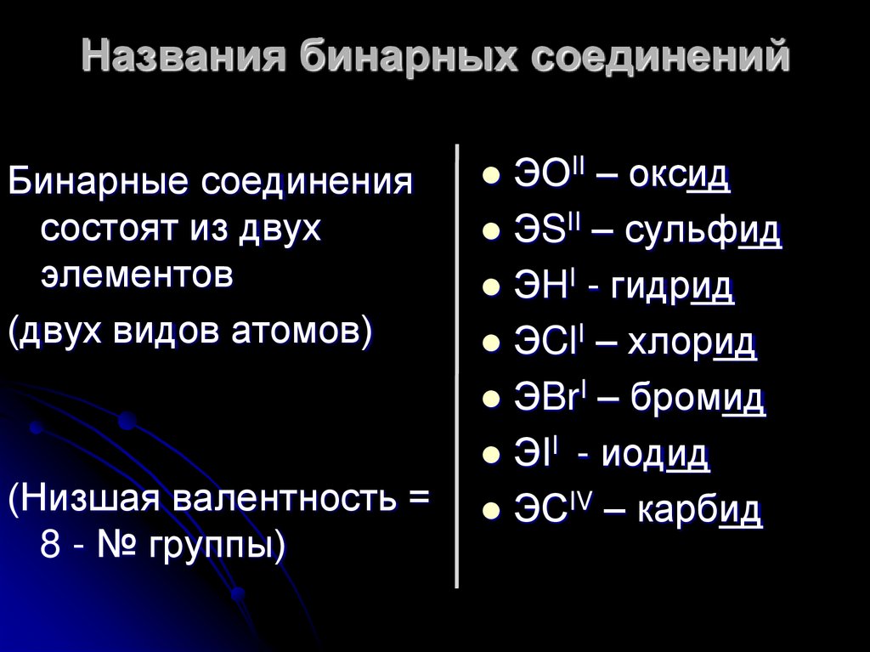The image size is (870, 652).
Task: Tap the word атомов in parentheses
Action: pos(297,328)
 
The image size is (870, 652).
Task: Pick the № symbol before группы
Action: pos(118,542)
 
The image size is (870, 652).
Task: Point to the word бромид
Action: pos(698,399)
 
